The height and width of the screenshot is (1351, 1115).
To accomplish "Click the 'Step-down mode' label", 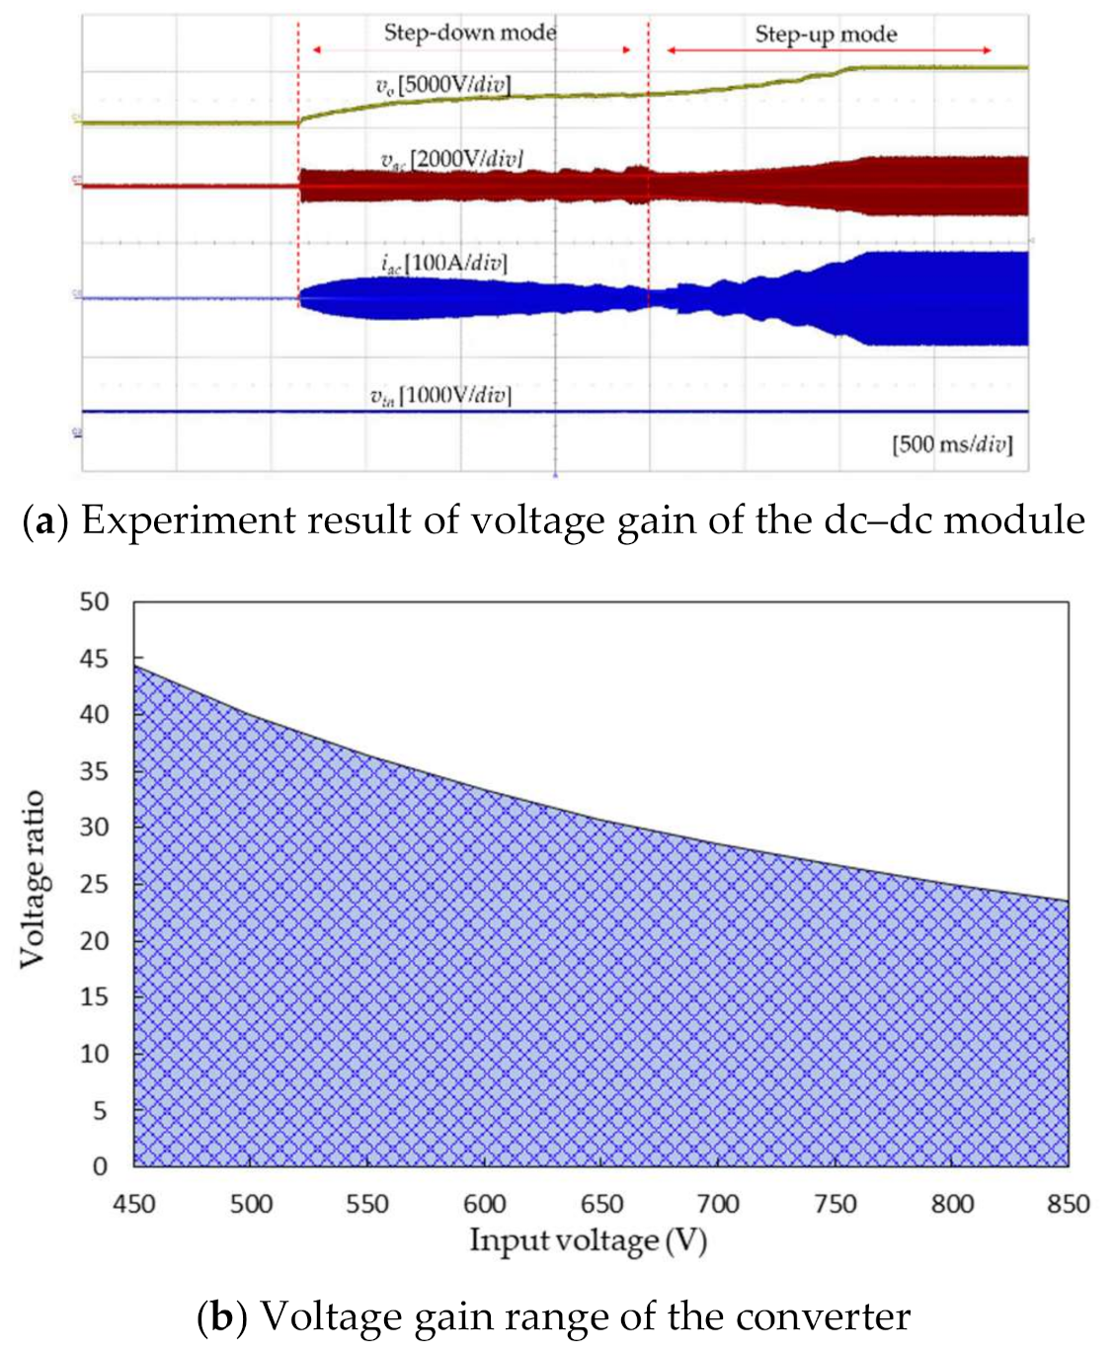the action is pyautogui.click(x=470, y=33).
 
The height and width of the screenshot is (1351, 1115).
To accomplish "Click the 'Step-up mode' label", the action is pyautogui.click(x=826, y=35).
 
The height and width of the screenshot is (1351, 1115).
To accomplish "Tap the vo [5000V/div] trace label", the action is pyautogui.click(x=443, y=85).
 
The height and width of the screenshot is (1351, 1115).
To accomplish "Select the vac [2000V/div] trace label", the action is pyautogui.click(x=451, y=159).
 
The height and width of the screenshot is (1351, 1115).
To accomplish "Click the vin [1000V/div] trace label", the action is pyautogui.click(x=440, y=396).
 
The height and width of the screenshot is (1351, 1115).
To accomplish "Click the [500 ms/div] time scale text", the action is pyautogui.click(x=952, y=444).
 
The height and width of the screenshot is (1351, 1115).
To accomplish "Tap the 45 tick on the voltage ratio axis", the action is pyautogui.click(x=94, y=658).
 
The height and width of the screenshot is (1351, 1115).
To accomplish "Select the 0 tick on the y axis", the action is pyautogui.click(x=100, y=1166).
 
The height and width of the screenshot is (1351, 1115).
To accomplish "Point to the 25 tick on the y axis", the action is pyautogui.click(x=94, y=884).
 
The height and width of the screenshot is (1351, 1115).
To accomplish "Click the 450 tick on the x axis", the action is pyautogui.click(x=134, y=1204).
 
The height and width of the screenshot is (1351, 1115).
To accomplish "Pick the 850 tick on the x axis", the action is pyautogui.click(x=1069, y=1204).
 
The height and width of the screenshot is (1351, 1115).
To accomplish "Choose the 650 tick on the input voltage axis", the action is pyautogui.click(x=601, y=1204).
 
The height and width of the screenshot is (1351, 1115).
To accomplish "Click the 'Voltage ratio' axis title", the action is pyautogui.click(x=33, y=879).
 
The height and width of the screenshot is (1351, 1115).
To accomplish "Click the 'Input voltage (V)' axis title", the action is pyautogui.click(x=588, y=1240).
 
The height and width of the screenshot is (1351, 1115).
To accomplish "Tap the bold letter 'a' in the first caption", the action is pyautogui.click(x=43, y=521).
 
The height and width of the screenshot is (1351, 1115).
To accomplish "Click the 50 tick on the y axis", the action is pyautogui.click(x=94, y=601).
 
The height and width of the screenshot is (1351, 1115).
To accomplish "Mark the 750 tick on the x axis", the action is pyautogui.click(x=836, y=1204).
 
